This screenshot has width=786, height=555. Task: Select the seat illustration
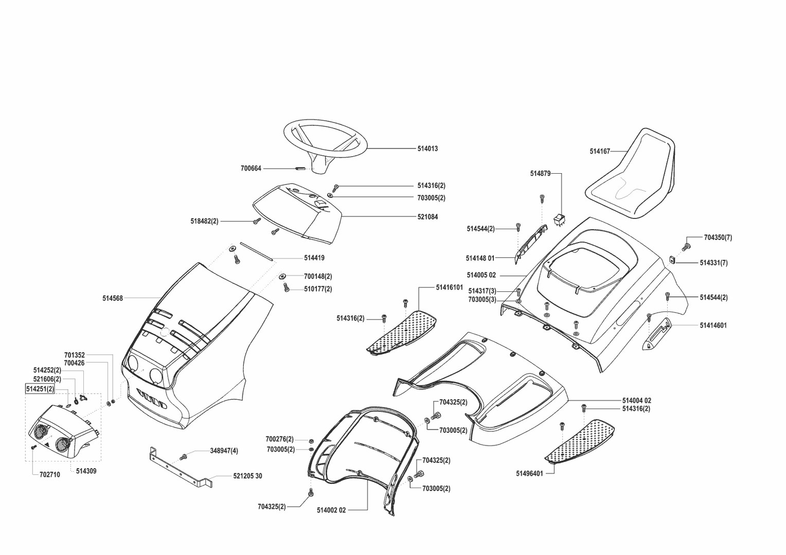pyautogui.click(x=633, y=175)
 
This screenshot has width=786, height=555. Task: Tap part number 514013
pyautogui.click(x=427, y=149)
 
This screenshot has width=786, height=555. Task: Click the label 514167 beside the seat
pyautogui.click(x=600, y=152)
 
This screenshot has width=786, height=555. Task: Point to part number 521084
pyautogui.click(x=427, y=217)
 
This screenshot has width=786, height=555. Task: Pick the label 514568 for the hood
pyautogui.click(x=113, y=298)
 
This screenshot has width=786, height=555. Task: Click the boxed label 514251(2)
pyautogui.click(x=40, y=389)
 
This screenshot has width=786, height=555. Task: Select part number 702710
pyautogui.click(x=49, y=475)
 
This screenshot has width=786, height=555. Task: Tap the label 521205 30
pyautogui.click(x=247, y=476)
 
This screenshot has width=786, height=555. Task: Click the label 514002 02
pyautogui.click(x=331, y=510)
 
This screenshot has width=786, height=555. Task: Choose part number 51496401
pyautogui.click(x=529, y=473)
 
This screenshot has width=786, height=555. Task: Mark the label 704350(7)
pyautogui.click(x=718, y=237)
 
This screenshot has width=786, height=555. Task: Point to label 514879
pyautogui.click(x=540, y=174)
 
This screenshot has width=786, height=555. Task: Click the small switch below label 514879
pyautogui.click(x=559, y=220)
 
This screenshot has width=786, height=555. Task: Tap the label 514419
pyautogui.click(x=314, y=258)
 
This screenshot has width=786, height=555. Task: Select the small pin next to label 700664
pyautogui.click(x=301, y=168)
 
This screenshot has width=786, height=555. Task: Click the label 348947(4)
pyautogui.click(x=224, y=451)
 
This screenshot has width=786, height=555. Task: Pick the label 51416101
pyautogui.click(x=450, y=287)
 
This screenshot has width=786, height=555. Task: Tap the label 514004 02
pyautogui.click(x=637, y=400)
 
